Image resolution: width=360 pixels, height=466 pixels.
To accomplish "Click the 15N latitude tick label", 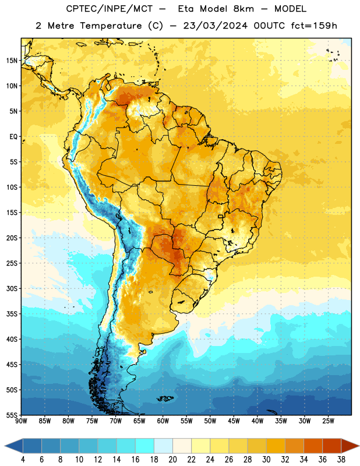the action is coord(12,61).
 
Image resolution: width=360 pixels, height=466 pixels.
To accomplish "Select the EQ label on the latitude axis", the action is coord(13,137).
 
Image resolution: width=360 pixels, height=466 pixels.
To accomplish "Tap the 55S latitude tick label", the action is coord(12,415).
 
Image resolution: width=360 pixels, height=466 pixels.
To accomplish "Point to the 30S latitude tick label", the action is coord(12,288).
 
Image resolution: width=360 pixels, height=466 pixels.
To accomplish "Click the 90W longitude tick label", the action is coord(21,421).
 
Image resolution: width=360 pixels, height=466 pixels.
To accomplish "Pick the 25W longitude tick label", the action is coord(328,421).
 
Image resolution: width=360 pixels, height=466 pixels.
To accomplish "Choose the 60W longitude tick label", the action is coord(163,421).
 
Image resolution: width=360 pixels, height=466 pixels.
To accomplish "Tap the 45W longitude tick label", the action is coord(234,421).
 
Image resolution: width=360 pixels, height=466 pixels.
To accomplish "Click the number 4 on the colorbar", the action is coord(23,460).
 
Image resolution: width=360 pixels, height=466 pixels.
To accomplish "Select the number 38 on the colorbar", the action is coord(341,460).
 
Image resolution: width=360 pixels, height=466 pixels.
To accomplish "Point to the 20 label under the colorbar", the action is coord(172,460).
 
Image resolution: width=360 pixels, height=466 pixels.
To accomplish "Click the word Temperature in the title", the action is coord(111,26).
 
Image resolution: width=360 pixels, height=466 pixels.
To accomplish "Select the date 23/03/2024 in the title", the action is coord(215,26).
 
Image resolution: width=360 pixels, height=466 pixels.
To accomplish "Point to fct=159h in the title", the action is coord(314,26).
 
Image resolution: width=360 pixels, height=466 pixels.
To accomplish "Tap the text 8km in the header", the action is coord(243,9).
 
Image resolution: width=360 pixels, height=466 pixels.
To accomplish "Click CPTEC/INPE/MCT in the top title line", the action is coord(110,9).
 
